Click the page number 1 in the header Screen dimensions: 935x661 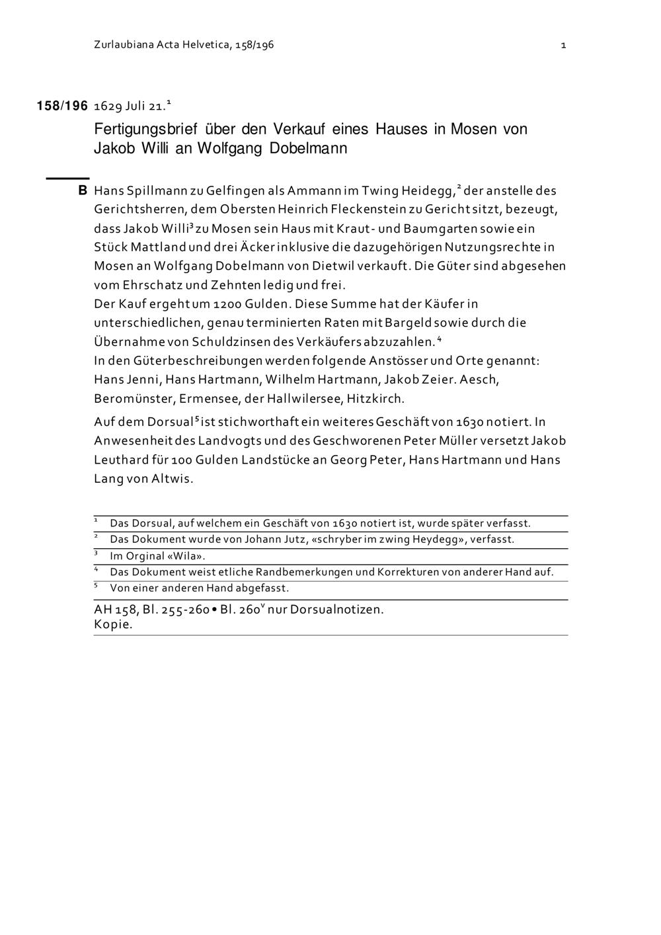coord(563,45)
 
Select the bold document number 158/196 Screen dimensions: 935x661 coord(62,106)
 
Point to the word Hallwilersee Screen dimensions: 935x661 coord(304,399)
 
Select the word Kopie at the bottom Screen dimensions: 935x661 coord(113,625)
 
